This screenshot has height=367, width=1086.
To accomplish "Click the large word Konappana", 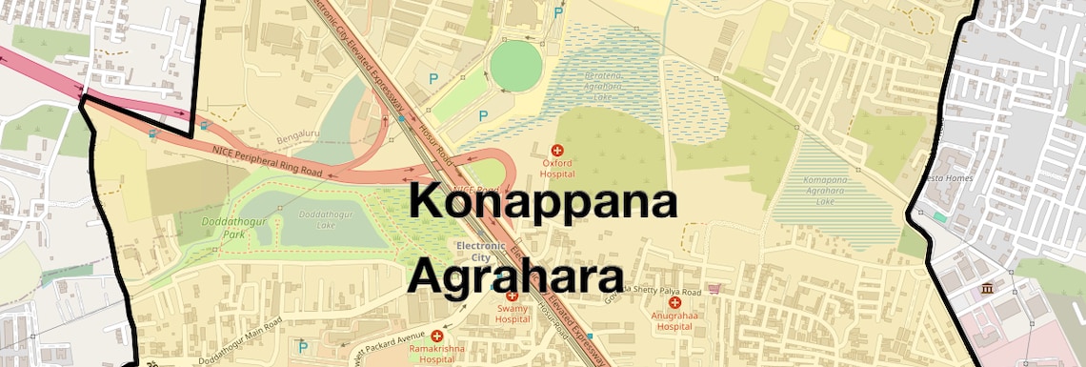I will click(x=544, y=202).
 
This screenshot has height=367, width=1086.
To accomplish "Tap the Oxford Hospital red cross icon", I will click(x=558, y=151).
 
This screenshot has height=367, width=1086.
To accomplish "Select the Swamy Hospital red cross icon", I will click(x=512, y=296).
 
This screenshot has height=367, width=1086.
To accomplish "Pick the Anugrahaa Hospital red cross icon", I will click(x=674, y=302).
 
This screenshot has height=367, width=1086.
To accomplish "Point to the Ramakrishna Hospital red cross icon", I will click(x=437, y=336).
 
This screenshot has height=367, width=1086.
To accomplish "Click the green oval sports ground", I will click(x=516, y=67).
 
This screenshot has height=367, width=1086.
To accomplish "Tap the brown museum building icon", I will click(x=987, y=288).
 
